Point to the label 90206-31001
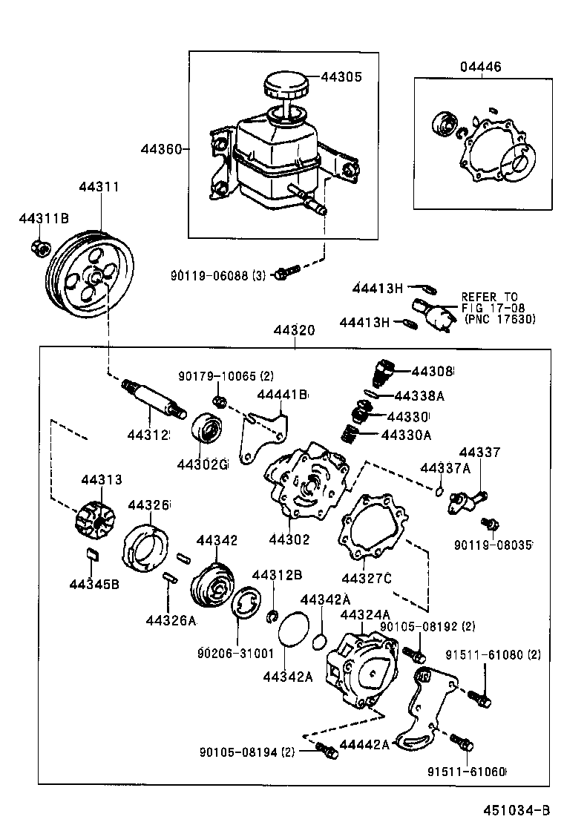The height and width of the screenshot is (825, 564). click(235, 654)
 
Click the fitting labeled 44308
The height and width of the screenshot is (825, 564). click(381, 369)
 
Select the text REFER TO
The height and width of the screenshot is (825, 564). click(490, 296)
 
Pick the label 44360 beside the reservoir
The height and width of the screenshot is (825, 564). click(161, 149)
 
